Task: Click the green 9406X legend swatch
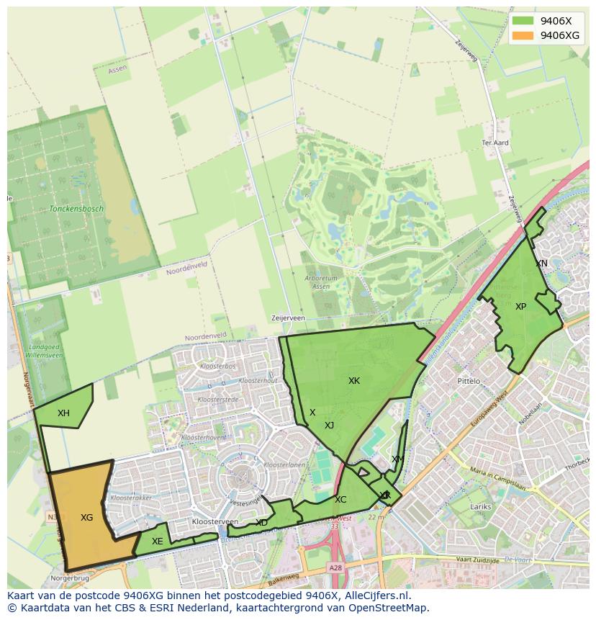coord(523,22)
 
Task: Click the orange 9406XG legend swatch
coord(523,35)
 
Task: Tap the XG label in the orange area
coord(86,518)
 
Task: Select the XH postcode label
coord(63,413)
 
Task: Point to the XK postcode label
coord(354,381)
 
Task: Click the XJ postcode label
coord(329,426)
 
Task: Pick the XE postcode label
coord(157,542)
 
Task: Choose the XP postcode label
coord(520,307)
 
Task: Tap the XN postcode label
coord(541,264)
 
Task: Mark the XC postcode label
coord(340,500)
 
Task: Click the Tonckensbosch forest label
coord(76,209)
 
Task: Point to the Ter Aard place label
coord(495,143)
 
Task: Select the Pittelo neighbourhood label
coord(469,381)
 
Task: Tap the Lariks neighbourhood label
coord(481,507)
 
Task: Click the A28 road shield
coord(335,568)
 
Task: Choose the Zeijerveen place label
coord(288,318)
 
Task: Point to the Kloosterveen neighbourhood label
coord(215,521)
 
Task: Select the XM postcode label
coord(397,459)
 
